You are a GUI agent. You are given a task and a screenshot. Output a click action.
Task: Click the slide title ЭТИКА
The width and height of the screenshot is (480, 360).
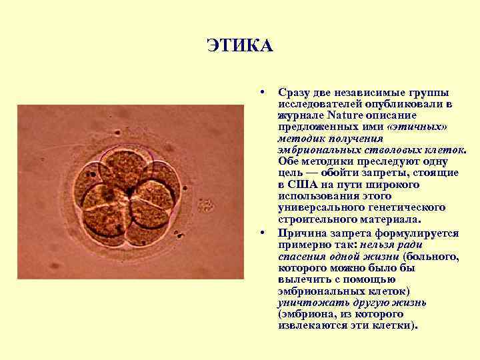239,46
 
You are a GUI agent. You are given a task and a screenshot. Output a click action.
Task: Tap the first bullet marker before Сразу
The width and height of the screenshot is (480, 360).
265,91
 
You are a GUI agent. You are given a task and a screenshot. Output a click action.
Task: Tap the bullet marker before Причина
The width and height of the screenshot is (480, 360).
265,233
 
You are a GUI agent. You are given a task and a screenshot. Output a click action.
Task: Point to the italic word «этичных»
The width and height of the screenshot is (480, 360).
417,126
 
